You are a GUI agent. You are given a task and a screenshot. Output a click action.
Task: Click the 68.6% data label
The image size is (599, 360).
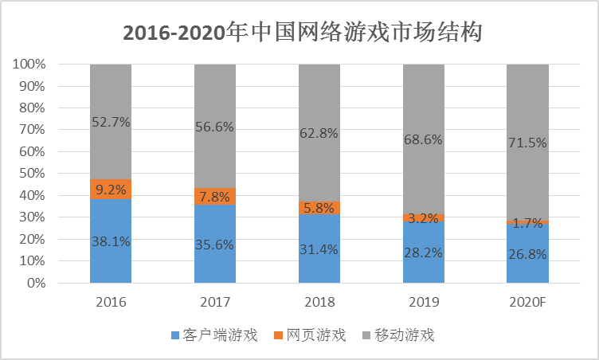point(423,139)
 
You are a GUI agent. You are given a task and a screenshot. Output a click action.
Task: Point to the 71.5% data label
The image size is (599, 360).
point(527,143)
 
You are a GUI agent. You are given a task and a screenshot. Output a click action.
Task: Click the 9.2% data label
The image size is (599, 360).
point(111,190)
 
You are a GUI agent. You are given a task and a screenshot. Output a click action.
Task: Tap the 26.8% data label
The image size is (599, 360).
point(527,255)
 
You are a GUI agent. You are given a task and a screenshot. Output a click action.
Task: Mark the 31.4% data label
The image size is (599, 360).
point(319,249)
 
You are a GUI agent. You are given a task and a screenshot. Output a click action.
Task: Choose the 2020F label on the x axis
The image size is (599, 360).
point(527,303)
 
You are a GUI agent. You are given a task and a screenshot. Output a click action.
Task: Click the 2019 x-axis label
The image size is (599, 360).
point(423,303)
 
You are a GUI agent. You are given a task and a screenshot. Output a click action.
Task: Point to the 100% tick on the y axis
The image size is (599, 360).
point(29,64)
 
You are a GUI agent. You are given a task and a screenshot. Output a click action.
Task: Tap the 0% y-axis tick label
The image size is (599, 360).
point(36,283)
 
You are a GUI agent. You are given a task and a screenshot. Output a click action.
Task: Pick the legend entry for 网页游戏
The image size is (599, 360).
point(309,335)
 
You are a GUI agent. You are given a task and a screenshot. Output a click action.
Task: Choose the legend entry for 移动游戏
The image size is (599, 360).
point(398,335)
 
